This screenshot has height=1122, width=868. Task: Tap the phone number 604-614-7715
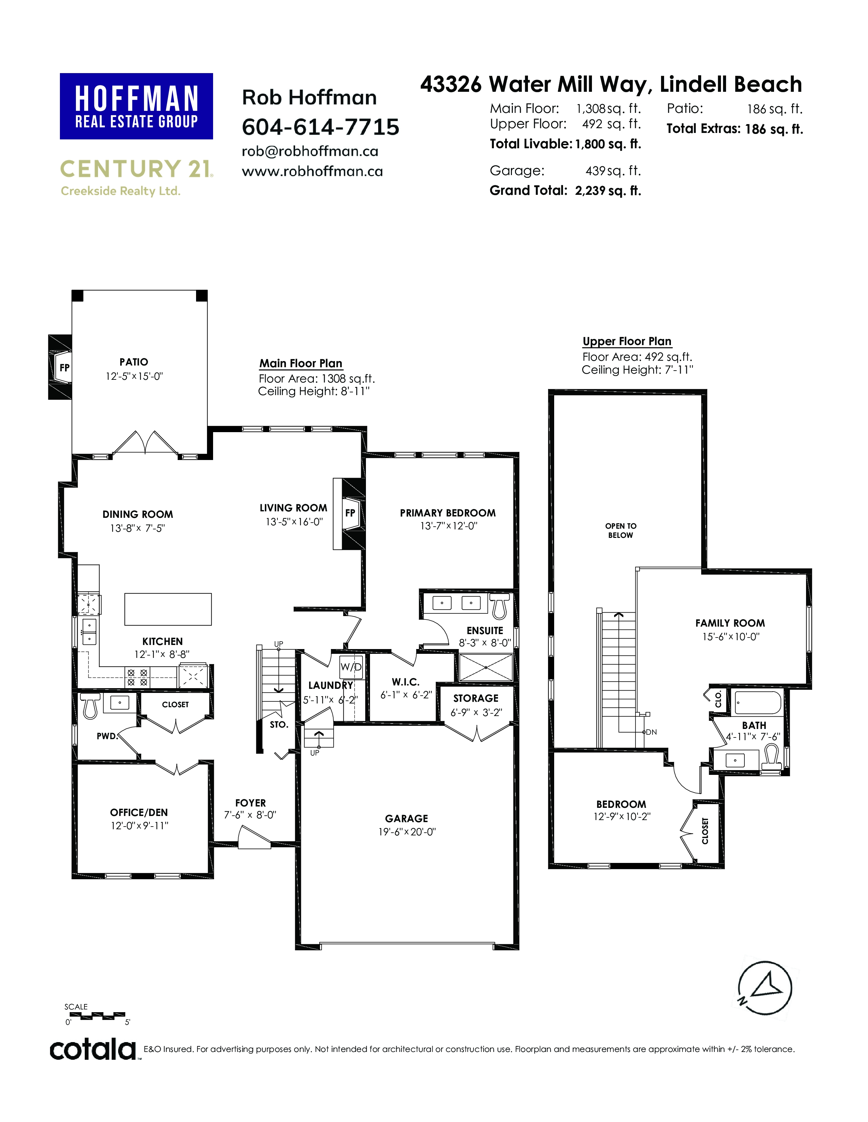[320, 127]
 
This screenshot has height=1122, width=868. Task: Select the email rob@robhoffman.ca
[310, 152]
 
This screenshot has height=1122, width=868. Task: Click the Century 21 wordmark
[136, 169]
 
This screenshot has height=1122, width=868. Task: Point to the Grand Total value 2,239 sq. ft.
[608, 191]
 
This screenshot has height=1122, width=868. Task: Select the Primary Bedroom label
[447, 513]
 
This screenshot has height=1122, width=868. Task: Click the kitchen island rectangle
[167, 609]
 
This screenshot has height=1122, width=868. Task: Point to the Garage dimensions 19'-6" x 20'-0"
[407, 832]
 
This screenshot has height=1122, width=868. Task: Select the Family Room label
[730, 623]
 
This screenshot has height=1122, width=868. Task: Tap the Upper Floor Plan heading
[627, 342]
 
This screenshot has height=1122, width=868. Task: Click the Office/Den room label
[139, 812]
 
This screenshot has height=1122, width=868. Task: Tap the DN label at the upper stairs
[652, 732]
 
